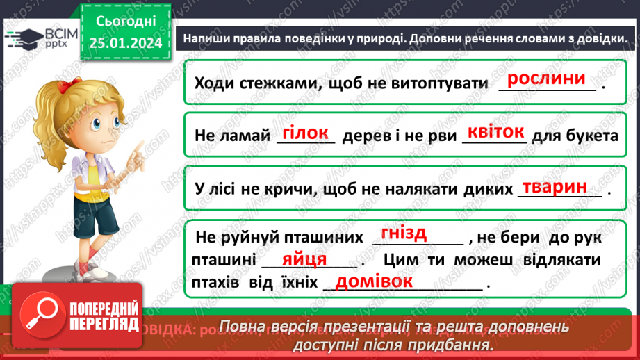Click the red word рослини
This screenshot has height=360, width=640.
coord(548,79)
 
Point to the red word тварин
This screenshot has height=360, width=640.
coord(555,186)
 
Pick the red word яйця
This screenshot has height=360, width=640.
coord(305,259)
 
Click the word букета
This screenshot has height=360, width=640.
coord(593,136)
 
